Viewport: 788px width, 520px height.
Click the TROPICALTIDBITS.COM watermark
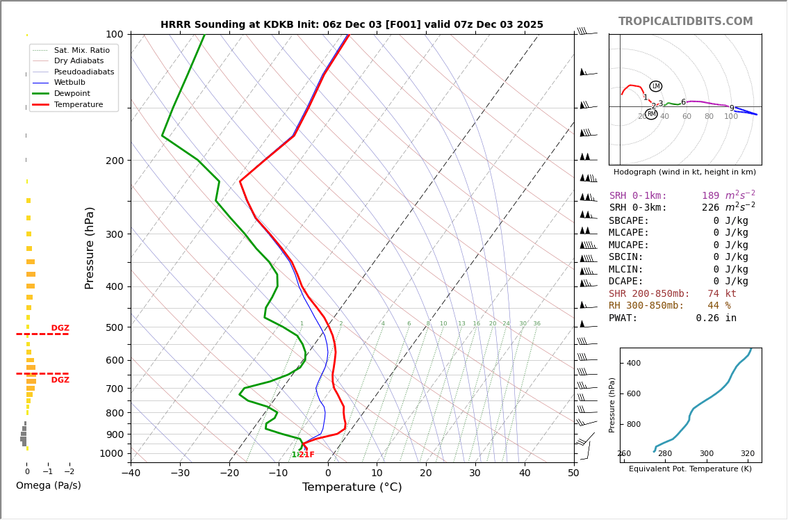coord(685,22)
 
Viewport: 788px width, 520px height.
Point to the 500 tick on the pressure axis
coord(115,327)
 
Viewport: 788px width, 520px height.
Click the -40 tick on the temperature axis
coord(131,473)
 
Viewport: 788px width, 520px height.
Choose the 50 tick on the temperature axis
coord(573,473)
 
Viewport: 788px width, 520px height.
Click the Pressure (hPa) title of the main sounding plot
coord(90,247)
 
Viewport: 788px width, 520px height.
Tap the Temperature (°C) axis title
coord(352,487)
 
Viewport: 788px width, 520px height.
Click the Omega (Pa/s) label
coord(48,485)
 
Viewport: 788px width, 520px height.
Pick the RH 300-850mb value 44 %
coord(719,306)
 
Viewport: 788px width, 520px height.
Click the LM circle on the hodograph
coord(655,86)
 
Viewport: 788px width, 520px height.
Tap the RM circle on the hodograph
coord(651,114)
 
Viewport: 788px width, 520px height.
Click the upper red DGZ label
coord(60,328)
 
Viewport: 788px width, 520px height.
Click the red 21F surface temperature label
coord(306,455)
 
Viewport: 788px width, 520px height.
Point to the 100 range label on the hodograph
coord(731,117)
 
